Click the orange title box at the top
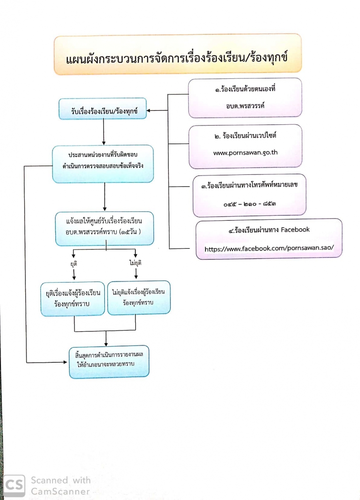click(x=177, y=55)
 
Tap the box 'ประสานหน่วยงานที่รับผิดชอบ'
click(x=103, y=164)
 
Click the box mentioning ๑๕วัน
click(x=104, y=228)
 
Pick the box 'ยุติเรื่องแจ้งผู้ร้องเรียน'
click(x=73, y=299)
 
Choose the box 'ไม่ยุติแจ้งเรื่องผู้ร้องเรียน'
click(x=138, y=298)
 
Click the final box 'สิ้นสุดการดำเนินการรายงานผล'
click(x=109, y=362)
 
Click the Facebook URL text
click(x=268, y=249)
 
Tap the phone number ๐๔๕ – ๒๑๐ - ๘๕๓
click(x=250, y=204)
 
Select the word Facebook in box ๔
click(x=295, y=230)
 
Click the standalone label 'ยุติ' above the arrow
click(x=74, y=264)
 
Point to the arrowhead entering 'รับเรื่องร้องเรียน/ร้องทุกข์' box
click(x=149, y=110)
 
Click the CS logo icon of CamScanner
click(x=14, y=485)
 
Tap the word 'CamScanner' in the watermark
click(x=61, y=491)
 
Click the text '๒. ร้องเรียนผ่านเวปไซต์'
click(x=246, y=136)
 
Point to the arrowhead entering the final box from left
click(x=66, y=362)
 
